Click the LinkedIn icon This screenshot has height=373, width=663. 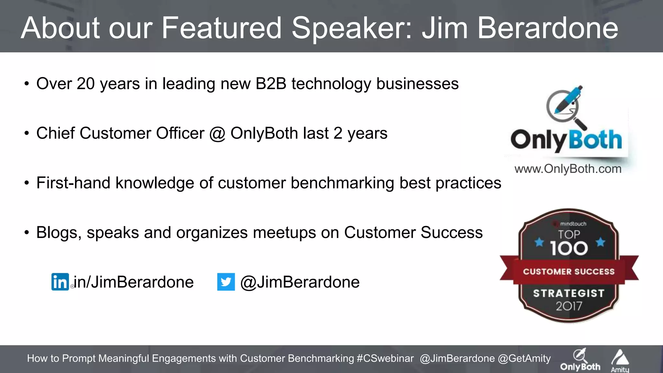(60, 282)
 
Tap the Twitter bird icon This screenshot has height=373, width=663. (226, 282)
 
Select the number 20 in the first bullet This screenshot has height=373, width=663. (85, 84)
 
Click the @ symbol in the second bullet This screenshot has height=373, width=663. (217, 133)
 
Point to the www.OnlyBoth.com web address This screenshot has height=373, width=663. (568, 169)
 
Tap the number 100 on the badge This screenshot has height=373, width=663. (569, 249)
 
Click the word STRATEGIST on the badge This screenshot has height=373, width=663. (569, 293)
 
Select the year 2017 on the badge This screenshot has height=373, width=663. (569, 306)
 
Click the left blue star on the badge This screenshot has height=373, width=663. (539, 242)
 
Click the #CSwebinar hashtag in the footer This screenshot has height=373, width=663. (385, 358)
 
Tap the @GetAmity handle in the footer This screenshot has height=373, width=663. (524, 358)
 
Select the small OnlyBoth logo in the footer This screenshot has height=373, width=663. (580, 360)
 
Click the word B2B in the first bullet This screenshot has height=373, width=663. (271, 84)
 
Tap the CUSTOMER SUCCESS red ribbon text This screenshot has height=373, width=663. (569, 272)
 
